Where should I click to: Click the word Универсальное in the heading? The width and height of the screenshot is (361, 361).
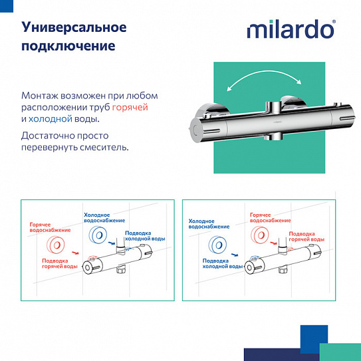click(74, 28)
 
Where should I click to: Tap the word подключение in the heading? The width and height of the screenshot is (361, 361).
click(68, 47)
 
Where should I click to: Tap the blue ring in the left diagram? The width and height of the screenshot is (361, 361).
click(98, 235)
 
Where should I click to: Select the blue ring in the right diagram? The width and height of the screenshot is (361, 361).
click(216, 245)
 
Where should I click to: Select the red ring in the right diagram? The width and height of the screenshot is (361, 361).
click(259, 234)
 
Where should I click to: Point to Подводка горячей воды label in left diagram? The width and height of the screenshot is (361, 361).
click(60, 263)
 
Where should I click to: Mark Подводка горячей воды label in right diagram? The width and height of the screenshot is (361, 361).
click(306, 237)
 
